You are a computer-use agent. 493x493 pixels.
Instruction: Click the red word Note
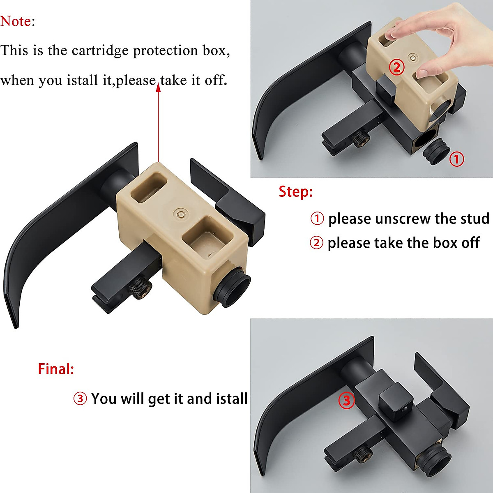coord(16,21)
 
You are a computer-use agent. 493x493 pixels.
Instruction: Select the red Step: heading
coord(295,191)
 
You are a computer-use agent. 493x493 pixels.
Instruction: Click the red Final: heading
coord(56,369)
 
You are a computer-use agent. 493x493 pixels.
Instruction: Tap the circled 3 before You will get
coord(80,399)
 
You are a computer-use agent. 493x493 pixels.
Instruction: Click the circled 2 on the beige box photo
coord(396,67)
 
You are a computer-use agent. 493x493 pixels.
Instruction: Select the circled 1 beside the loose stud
coord(456,159)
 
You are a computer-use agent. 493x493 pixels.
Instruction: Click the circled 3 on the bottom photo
coord(346,400)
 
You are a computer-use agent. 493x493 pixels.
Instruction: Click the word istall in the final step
coord(231,399)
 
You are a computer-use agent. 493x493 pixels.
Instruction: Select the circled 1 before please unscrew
coord(317,219)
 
